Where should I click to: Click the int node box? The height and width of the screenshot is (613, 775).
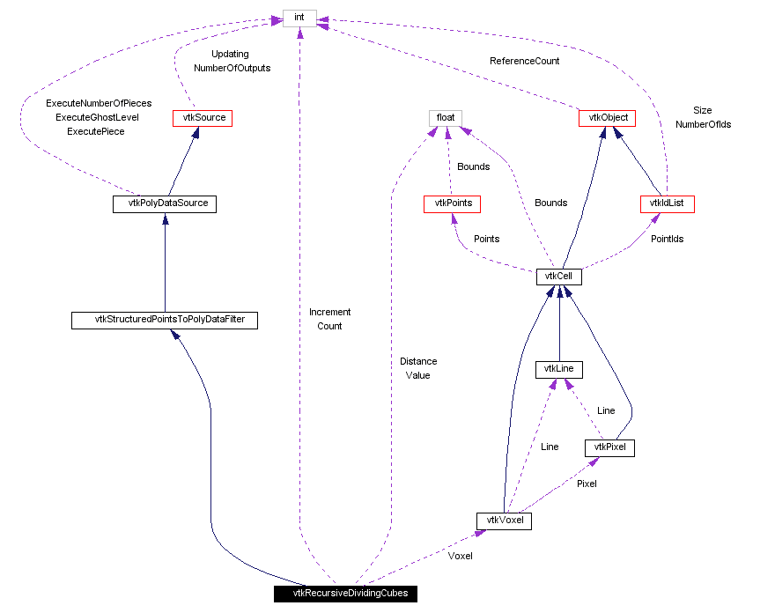click(299, 17)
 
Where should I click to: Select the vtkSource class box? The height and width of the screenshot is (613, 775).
click(202, 117)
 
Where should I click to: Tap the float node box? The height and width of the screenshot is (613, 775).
click(445, 117)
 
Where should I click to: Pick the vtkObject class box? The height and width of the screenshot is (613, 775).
click(607, 117)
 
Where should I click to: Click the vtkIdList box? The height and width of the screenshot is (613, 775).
click(667, 204)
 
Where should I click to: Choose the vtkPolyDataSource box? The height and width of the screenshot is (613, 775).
click(165, 204)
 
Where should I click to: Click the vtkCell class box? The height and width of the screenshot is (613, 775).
click(559, 277)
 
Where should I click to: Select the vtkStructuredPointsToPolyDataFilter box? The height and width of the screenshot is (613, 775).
click(165, 321)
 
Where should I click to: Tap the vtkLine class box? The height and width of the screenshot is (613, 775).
click(559, 369)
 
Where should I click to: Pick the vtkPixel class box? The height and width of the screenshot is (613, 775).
click(609, 448)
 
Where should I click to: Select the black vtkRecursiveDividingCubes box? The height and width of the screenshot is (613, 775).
click(343, 594)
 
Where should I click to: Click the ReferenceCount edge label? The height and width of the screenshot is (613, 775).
click(524, 61)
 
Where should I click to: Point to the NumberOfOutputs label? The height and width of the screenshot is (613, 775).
click(232, 68)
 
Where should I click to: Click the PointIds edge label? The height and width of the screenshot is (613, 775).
click(667, 239)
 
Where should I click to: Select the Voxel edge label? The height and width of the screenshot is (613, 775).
click(460, 556)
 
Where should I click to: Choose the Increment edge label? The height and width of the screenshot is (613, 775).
click(329, 312)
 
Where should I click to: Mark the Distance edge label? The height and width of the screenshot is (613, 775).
click(418, 361)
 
